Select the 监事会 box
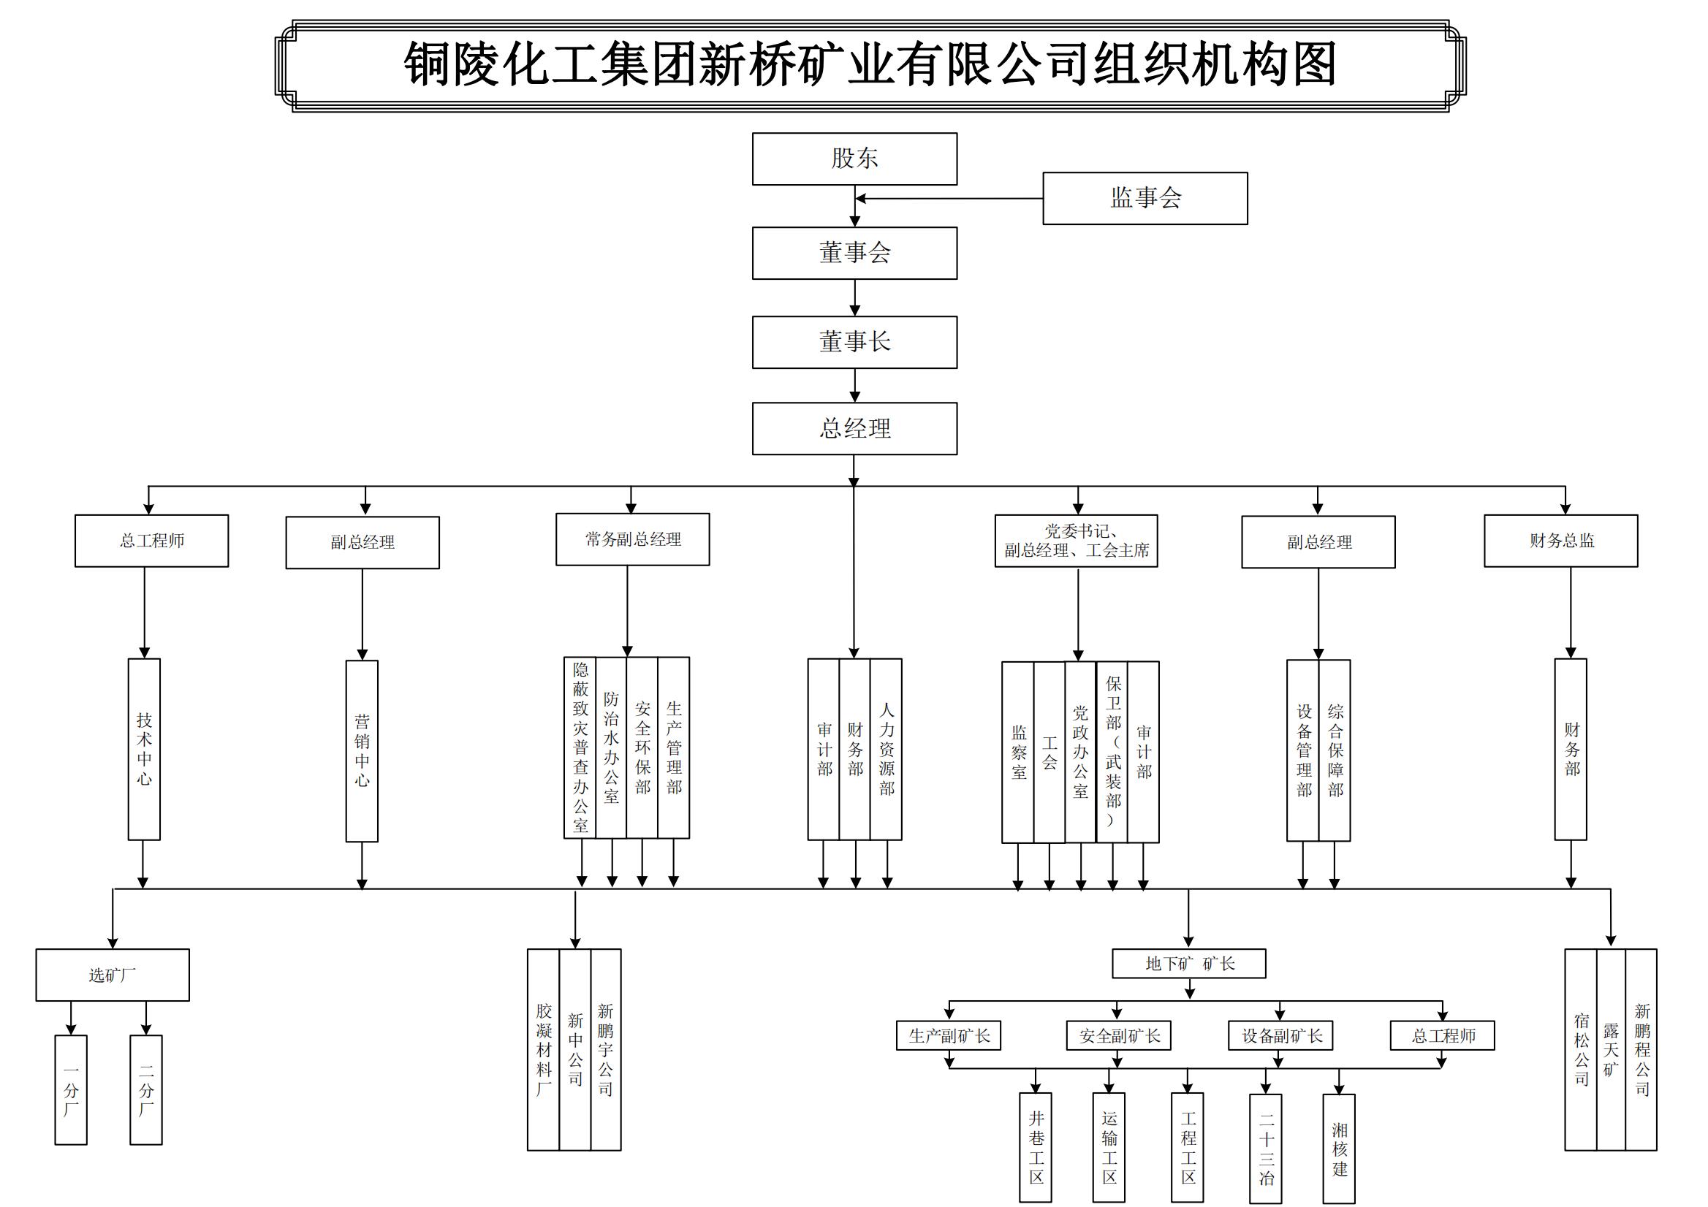1144,198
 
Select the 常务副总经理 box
632,539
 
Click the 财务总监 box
1560,541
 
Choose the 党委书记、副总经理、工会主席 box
1076,541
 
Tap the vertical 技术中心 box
144,749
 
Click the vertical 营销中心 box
362,750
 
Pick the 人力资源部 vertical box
886,749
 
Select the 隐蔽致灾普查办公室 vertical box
580,747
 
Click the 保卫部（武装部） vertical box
1112,751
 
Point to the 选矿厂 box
113,974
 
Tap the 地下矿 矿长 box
1188,963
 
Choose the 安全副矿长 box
1118,1035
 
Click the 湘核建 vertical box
1338,1149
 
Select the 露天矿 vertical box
1611,1049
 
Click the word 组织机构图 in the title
1214,65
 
